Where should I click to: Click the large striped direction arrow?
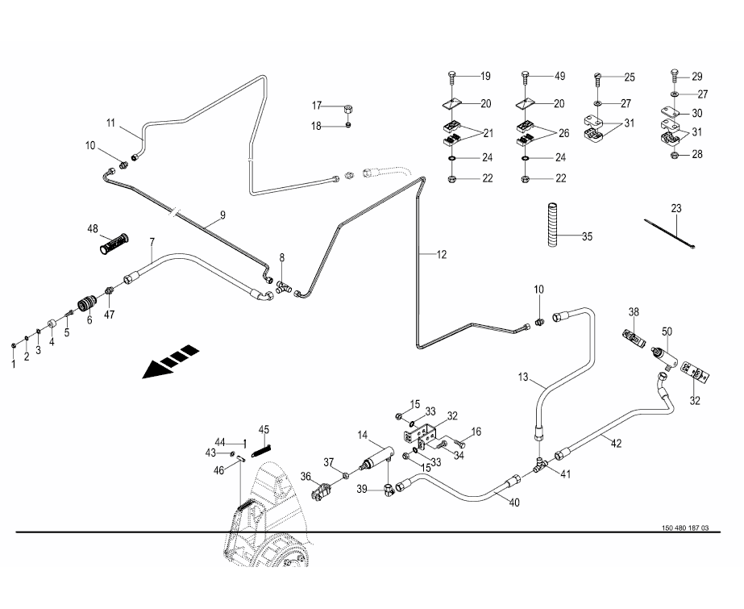(x=170, y=361)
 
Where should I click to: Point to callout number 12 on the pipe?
(x=441, y=255)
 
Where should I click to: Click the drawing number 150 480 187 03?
(x=684, y=528)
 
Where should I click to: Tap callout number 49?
(x=560, y=77)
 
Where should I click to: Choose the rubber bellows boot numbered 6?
(x=85, y=307)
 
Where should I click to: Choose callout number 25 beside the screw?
(x=630, y=77)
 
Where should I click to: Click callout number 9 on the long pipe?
(x=222, y=216)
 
